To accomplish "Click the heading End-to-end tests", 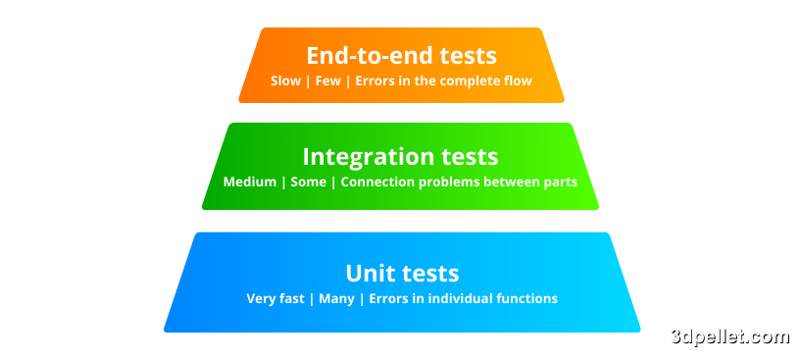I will [401, 56].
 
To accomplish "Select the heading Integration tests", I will [400, 157].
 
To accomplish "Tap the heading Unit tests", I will [402, 274].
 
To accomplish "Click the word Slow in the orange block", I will [285, 81].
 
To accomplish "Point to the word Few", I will [328, 81].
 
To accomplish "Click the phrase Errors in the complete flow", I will [444, 81].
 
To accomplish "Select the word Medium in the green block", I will [250, 182].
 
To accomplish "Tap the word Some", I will [308, 182].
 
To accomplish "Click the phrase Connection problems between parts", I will [459, 182].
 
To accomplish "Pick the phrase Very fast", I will [275, 299].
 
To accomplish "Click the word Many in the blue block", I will [337, 299].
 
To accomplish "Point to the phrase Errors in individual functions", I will [464, 299].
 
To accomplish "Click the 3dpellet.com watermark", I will [729, 337].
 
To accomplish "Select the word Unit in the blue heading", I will [368, 274].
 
